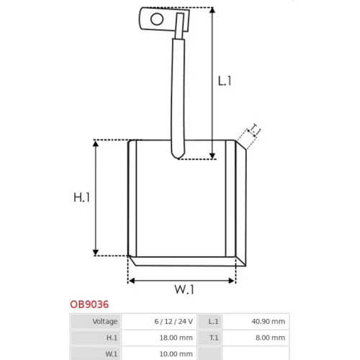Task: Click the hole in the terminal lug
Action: click(157, 19)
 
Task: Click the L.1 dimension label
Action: click(225, 81)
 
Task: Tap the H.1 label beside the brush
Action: click(81, 197)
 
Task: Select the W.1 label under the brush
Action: click(184, 289)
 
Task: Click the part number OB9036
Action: click(89, 305)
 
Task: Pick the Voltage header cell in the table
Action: click(105, 321)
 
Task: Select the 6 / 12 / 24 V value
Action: click(174, 321)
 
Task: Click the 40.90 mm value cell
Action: click(269, 321)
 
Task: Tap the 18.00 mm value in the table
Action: click(176, 338)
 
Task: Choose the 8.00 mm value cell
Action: click(270, 338)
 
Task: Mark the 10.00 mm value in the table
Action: click(176, 354)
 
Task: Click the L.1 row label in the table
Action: click(213, 321)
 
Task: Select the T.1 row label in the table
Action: click(214, 338)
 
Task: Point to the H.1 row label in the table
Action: click(112, 338)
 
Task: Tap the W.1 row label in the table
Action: click(112, 354)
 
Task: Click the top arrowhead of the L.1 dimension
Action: click(212, 10)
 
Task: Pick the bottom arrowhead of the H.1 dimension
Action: click(96, 253)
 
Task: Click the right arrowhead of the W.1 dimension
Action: click(232, 281)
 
